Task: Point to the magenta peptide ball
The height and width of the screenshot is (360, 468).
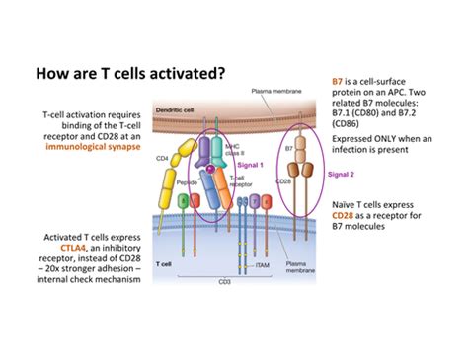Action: coord(209,168)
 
